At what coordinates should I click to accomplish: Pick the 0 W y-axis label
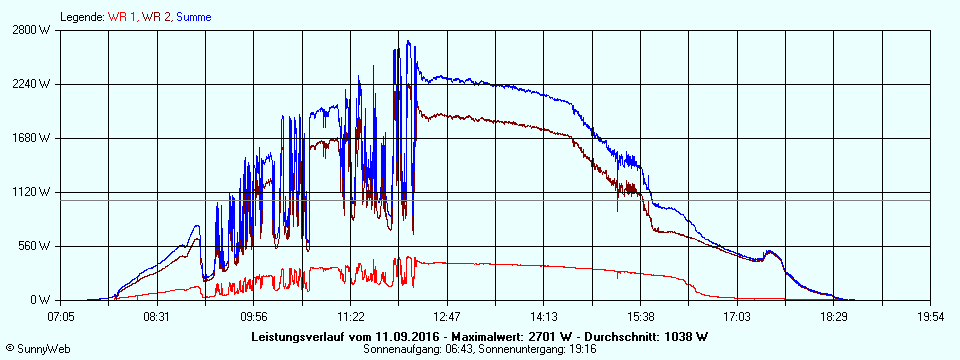click(x=41, y=300)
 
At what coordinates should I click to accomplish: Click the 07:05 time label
click(x=61, y=317)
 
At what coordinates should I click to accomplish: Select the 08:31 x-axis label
click(x=157, y=317)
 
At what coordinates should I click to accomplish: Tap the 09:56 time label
click(x=254, y=317)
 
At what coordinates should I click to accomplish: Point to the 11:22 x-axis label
click(x=350, y=317)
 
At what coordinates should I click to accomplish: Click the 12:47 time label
click(x=447, y=317)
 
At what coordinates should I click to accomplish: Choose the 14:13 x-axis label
click(x=544, y=317)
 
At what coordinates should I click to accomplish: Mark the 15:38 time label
click(x=640, y=317)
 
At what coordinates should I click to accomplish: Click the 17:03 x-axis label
click(x=737, y=317)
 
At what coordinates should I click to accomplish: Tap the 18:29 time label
click(x=834, y=317)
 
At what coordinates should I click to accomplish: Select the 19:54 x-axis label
click(x=930, y=317)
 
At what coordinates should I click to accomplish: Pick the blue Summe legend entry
click(x=195, y=17)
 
